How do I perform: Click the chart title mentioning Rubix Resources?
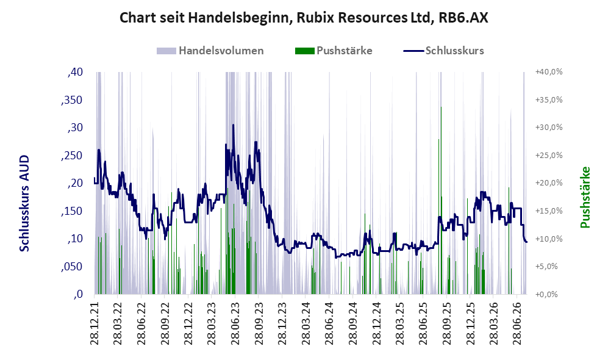pyautogui.click(x=304, y=18)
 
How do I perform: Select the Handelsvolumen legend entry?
pyautogui.click(x=210, y=51)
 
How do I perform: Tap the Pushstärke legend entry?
pyautogui.click(x=334, y=51)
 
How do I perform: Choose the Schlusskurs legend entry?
pyautogui.click(x=443, y=51)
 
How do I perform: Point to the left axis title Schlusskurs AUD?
pyautogui.click(x=24, y=203)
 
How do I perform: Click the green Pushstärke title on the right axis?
pyautogui.click(x=585, y=197)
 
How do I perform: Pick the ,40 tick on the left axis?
pyautogui.click(x=75, y=72)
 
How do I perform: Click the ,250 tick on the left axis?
pyautogui.click(x=72, y=156)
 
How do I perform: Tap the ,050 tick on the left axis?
pyautogui.click(x=72, y=267)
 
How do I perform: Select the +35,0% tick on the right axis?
pyautogui.click(x=549, y=99)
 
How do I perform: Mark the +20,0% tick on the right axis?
pyautogui.click(x=549, y=182)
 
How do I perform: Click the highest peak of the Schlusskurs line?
pyautogui.click(x=233, y=125)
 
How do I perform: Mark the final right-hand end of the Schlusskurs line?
pyautogui.click(x=526, y=242)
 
